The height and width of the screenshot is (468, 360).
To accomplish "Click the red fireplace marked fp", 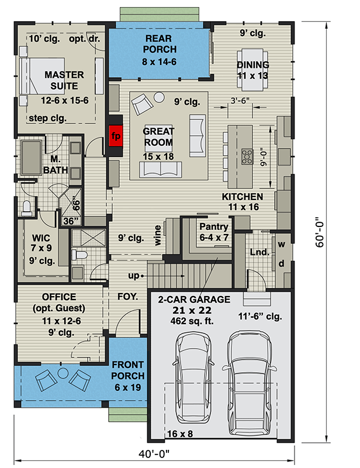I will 116,136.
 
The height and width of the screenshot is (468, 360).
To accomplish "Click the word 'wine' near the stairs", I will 157,233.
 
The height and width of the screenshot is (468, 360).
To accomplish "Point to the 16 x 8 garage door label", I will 180,433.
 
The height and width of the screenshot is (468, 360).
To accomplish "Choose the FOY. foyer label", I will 127,297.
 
